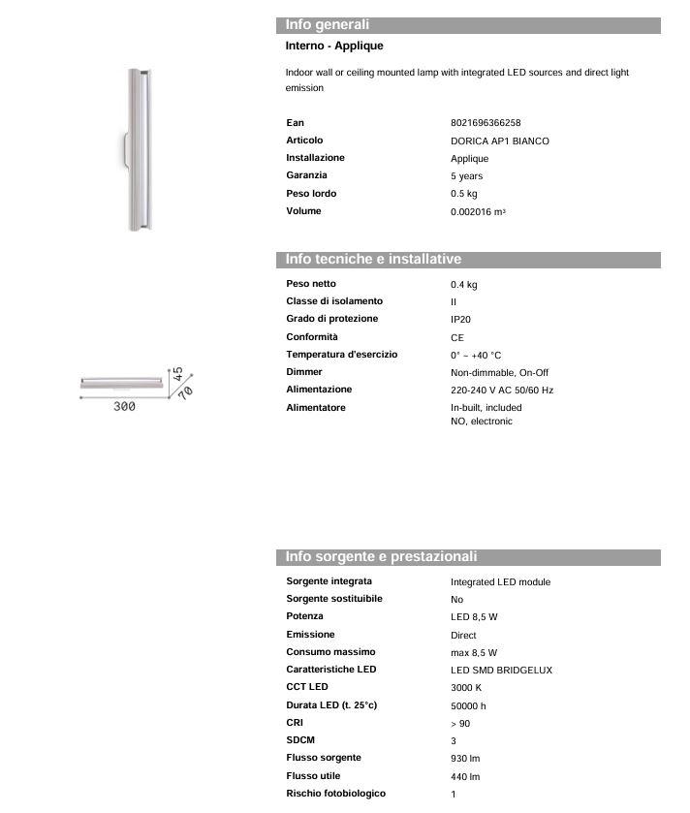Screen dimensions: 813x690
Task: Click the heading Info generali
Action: pos(328,25)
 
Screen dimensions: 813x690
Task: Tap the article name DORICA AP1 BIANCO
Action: pos(499,141)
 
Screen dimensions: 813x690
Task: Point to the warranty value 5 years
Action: pos(466,176)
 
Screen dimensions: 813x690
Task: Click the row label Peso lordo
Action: pos(311,194)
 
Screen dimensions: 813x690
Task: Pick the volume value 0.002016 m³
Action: pos(478,211)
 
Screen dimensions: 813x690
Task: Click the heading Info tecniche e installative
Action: pos(373,260)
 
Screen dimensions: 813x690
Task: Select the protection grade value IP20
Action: pos(460,320)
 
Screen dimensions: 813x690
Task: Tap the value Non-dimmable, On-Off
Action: pos(499,373)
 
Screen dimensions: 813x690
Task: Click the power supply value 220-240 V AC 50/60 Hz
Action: pos(502,391)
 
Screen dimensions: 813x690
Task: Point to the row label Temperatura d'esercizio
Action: pos(341,355)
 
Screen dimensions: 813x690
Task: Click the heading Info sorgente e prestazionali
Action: pos(381,557)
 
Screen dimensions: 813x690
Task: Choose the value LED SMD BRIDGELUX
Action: pos(501,671)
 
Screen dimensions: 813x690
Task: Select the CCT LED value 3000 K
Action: pos(466,688)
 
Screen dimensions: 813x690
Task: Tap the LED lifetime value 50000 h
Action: pos(468,706)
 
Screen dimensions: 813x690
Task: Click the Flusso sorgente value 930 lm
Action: pos(465,759)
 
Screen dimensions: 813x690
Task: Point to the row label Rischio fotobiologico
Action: pos(335,794)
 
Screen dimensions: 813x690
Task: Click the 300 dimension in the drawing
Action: pos(124,407)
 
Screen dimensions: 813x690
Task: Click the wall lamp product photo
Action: pos(137,148)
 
